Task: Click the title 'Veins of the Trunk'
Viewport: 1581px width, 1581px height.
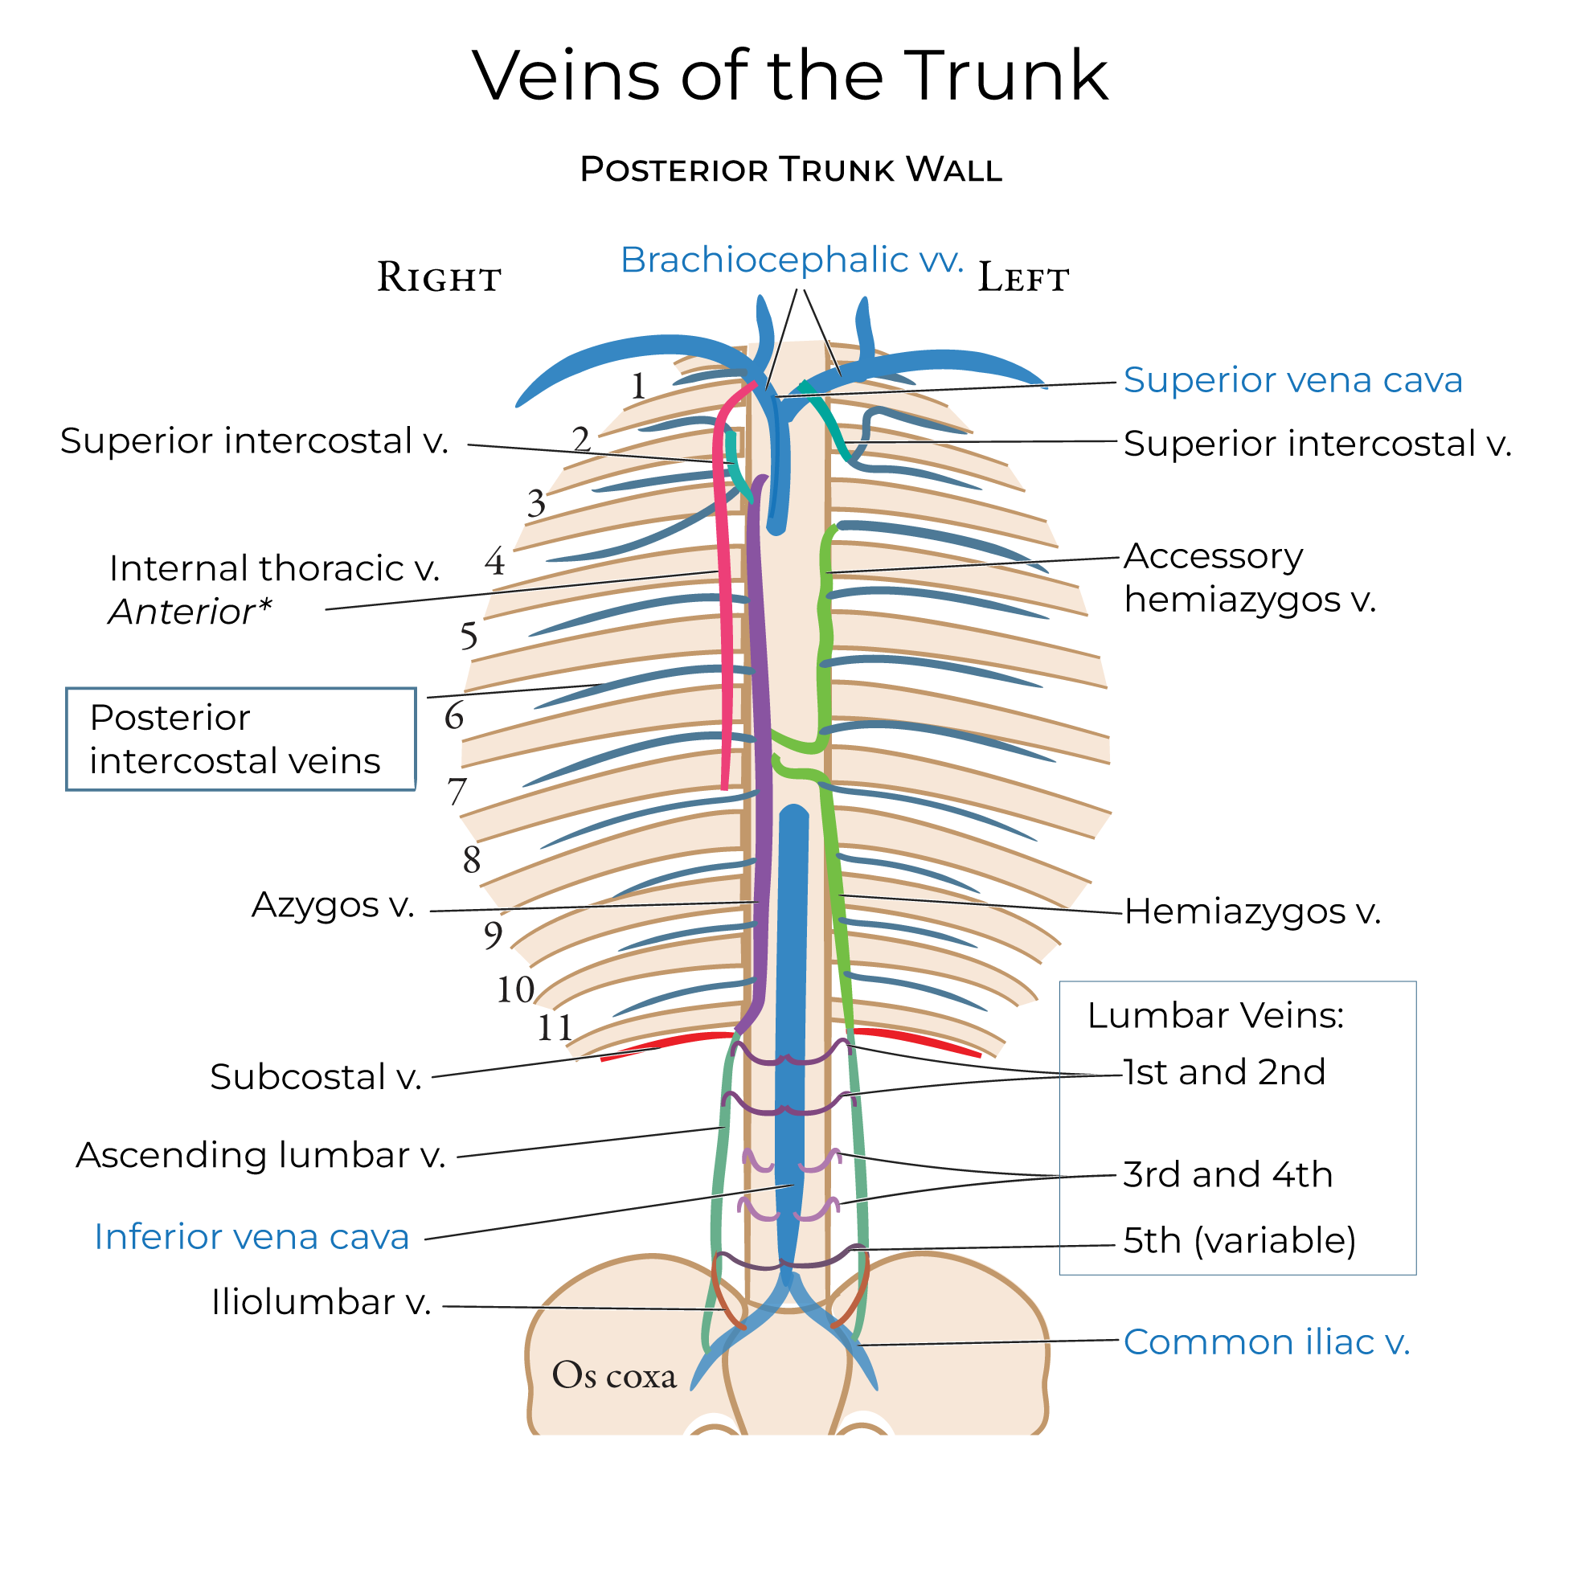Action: pos(789,76)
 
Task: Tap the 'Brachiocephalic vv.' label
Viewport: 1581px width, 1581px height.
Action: pos(792,260)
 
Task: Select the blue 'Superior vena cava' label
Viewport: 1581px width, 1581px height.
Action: pos(1292,380)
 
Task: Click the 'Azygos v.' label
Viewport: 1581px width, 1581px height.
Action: pos(333,905)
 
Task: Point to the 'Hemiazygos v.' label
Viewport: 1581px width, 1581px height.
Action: pos(1252,911)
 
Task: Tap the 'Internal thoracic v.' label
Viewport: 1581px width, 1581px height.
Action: pos(274,569)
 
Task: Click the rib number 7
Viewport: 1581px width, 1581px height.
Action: pos(457,793)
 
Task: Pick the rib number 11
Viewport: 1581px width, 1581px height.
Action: pos(554,1028)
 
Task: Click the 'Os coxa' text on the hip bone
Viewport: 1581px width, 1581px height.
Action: pos(614,1375)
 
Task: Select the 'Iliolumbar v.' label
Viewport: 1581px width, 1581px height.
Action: pos(321,1302)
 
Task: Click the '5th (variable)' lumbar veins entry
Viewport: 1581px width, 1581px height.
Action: pos(1239,1240)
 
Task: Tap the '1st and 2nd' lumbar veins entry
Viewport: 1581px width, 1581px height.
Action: pos(1223,1072)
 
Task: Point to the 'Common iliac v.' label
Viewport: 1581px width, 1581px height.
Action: pos(1266,1343)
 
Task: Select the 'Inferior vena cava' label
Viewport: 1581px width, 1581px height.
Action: pos(252,1236)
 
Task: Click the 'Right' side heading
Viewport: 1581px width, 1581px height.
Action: pos(439,278)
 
